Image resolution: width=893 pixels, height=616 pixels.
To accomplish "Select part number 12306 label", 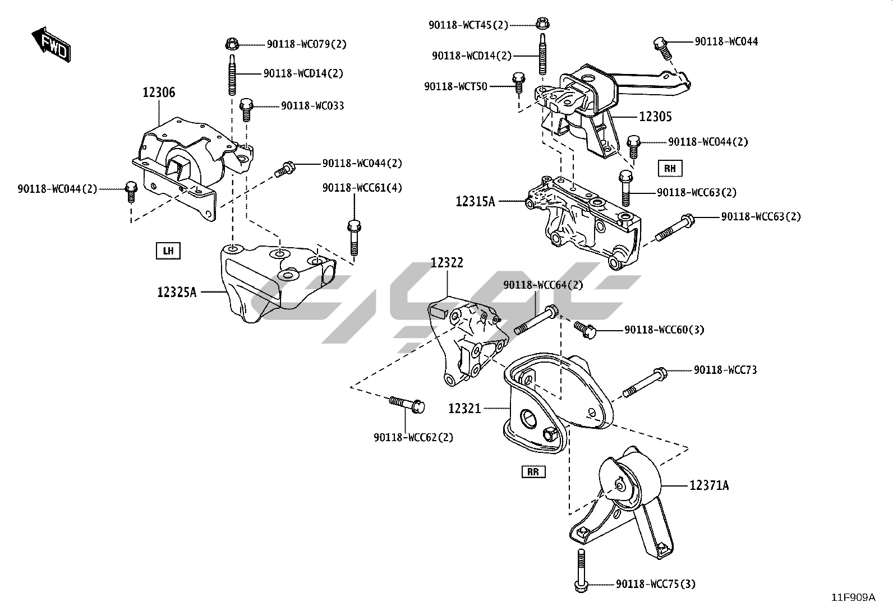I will click(x=158, y=92).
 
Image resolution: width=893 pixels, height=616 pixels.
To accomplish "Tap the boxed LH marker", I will click(x=168, y=251).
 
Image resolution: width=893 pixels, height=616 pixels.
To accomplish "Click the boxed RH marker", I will click(x=670, y=168).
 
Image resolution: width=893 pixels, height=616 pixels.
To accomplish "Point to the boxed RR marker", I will click(x=533, y=472).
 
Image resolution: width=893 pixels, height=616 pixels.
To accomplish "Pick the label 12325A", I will click(x=177, y=292).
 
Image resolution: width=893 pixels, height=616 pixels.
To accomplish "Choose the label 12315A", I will click(x=475, y=201).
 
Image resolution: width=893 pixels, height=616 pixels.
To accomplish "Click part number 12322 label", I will click(x=447, y=262).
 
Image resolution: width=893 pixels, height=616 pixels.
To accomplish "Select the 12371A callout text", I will click(x=709, y=485).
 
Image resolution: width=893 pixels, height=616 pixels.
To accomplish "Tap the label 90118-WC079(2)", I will click(x=306, y=44).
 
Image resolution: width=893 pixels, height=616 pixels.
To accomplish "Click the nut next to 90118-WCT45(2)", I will click(x=541, y=24).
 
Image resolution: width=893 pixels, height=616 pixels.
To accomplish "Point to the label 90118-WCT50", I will click(x=455, y=86).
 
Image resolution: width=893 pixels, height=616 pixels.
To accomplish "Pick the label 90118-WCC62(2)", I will click(x=413, y=437).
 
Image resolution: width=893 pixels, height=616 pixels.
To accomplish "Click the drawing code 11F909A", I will click(x=853, y=598).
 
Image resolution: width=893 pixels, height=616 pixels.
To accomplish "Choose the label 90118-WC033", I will click(x=312, y=105).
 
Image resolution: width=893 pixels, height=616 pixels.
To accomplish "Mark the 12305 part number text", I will click(x=655, y=117).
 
